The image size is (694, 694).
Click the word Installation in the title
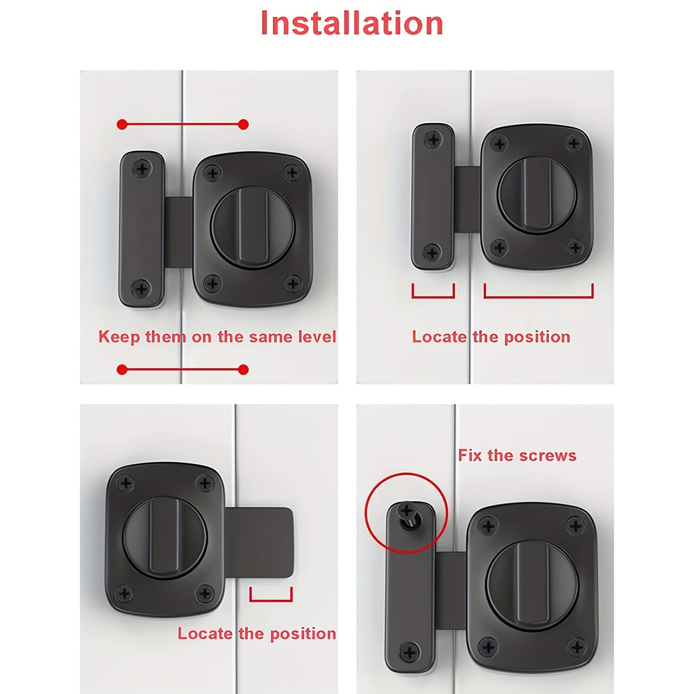click(351, 23)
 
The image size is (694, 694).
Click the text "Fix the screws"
click(517, 455)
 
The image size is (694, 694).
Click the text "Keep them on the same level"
click(217, 337)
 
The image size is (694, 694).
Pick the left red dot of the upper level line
click(122, 125)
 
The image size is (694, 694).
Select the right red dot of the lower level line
click(244, 369)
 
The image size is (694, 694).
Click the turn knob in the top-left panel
click(253, 227)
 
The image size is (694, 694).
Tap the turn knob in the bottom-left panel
click(165, 537)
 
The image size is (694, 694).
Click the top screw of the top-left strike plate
click(142, 168)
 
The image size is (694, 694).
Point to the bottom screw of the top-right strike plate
click(432, 252)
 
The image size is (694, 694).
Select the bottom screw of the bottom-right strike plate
click(410, 652)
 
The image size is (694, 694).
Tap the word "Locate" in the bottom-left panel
click(205, 634)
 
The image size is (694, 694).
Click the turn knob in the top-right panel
click(537, 194)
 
